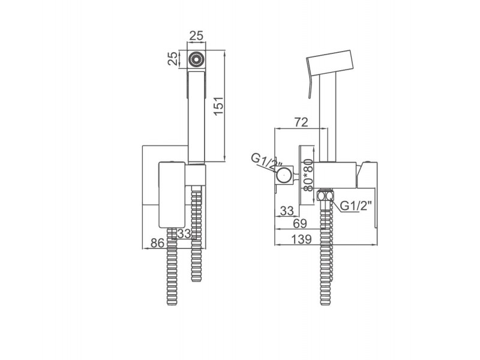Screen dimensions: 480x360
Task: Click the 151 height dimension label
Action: click(x=219, y=106)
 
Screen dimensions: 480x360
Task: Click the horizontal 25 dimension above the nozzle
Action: click(x=196, y=36)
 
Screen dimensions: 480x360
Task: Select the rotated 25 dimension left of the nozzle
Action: click(x=172, y=58)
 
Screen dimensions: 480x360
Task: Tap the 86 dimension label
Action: click(x=158, y=243)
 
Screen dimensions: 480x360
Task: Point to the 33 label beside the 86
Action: click(x=184, y=233)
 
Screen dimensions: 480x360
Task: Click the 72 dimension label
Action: click(x=301, y=122)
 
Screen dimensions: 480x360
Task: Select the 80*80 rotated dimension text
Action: click(x=309, y=175)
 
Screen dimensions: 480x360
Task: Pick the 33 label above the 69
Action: click(x=287, y=211)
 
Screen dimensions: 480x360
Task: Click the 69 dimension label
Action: click(x=299, y=223)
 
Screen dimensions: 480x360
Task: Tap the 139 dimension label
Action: click(x=301, y=239)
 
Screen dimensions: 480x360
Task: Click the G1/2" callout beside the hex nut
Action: click(x=356, y=205)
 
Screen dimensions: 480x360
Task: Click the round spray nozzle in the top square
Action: click(x=196, y=59)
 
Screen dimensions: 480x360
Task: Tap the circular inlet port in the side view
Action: click(x=284, y=175)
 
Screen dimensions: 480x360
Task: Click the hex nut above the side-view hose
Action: click(x=326, y=196)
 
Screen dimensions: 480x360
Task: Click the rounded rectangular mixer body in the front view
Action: click(x=172, y=194)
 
